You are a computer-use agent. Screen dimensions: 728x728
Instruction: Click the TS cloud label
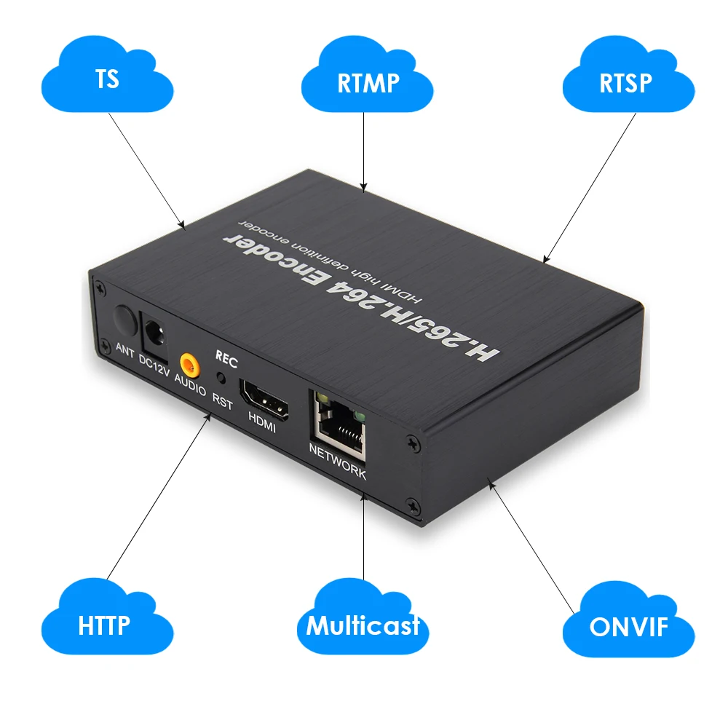click(107, 79)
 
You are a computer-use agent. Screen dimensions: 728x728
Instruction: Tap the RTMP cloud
click(368, 82)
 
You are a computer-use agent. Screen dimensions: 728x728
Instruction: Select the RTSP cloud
click(625, 82)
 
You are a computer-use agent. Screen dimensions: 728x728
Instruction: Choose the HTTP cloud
click(104, 624)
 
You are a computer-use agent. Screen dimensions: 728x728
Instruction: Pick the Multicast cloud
click(363, 625)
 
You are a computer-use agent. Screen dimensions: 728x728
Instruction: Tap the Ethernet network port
click(339, 421)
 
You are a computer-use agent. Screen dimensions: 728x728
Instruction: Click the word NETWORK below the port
click(337, 461)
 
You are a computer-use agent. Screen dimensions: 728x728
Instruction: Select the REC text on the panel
click(226, 358)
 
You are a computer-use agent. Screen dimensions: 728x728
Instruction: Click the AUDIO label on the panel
click(189, 385)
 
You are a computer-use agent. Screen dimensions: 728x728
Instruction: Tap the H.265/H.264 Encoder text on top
click(363, 295)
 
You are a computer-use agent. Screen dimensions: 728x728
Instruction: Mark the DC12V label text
click(154, 364)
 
